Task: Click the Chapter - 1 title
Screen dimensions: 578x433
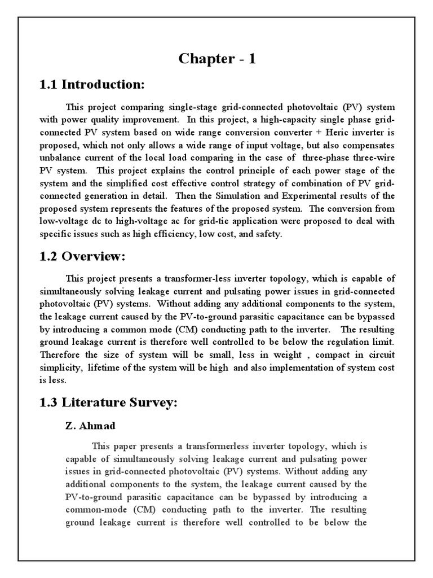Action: (x=217, y=59)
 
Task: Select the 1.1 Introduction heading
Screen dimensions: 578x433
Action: (x=92, y=85)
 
